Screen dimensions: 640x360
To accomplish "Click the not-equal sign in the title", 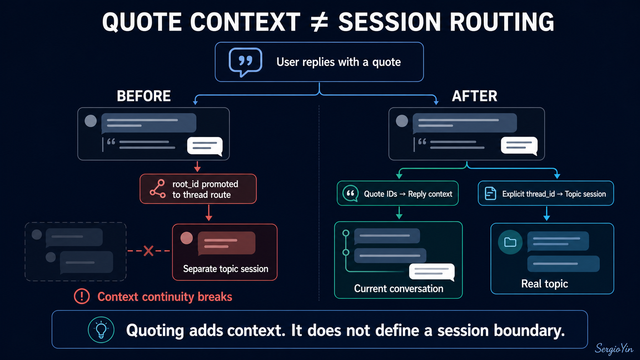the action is [319, 22].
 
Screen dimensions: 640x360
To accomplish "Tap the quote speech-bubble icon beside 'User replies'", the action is [245, 61].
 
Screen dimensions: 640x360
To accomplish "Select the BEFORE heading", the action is [144, 96].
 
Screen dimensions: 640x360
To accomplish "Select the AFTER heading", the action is [474, 96].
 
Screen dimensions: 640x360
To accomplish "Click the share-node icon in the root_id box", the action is [158, 189].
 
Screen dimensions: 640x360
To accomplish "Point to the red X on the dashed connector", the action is [148, 251].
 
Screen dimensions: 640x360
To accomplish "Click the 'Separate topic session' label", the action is [225, 269].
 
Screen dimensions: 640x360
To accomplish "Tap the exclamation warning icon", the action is [82, 296].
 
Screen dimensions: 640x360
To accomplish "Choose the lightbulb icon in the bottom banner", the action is [101, 329].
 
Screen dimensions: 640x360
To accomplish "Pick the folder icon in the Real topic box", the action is [510, 242].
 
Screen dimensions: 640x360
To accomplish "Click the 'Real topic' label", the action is [545, 284].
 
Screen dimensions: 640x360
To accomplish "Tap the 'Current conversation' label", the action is [398, 288].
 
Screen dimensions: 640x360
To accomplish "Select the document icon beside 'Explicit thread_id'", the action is [490, 193].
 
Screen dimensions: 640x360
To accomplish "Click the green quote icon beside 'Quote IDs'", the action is [350, 193].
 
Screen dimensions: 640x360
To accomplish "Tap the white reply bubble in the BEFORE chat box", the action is [205, 146].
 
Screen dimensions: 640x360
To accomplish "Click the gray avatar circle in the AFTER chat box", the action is [402, 121].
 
